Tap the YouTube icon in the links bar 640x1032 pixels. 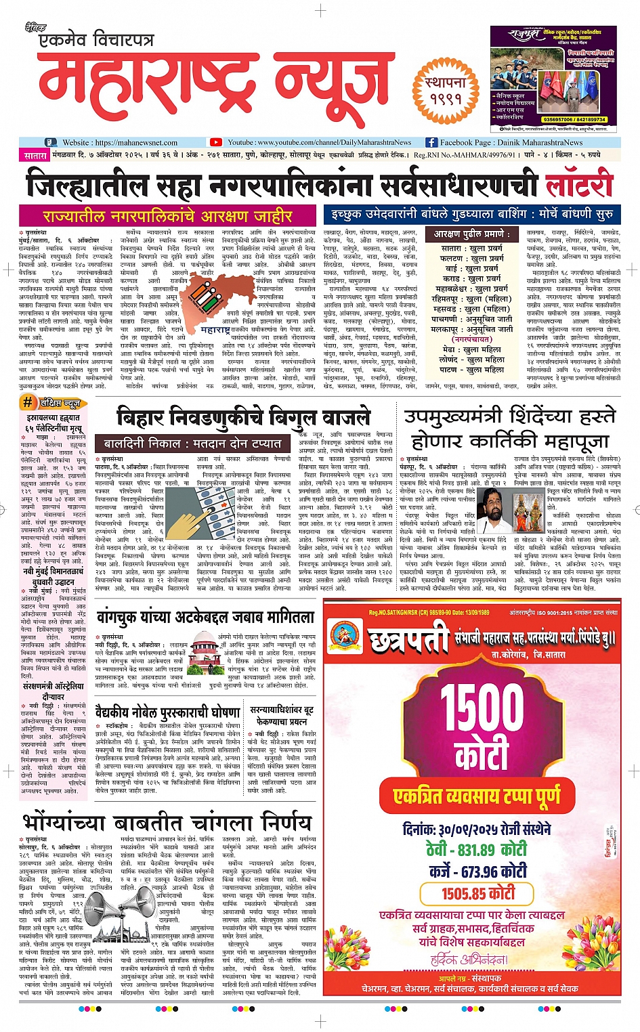pos(215,142)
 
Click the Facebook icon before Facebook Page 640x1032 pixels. pos(431,142)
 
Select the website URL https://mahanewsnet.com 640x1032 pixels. pos(136,143)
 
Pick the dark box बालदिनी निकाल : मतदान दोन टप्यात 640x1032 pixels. pos(192,444)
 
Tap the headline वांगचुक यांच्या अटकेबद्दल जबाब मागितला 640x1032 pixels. pos(205,617)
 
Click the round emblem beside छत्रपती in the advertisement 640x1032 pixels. pos(346,637)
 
